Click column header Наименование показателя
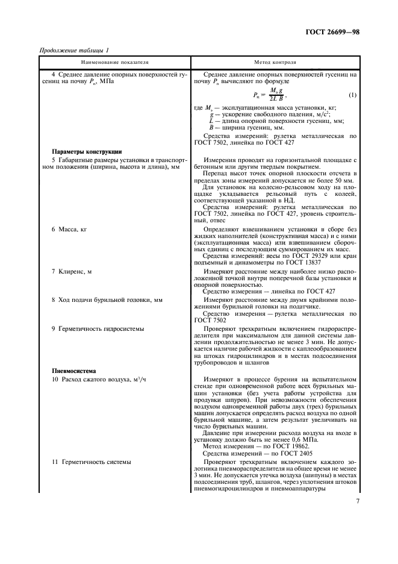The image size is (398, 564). pos(115,61)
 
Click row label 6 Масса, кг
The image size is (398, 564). pos(69,230)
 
